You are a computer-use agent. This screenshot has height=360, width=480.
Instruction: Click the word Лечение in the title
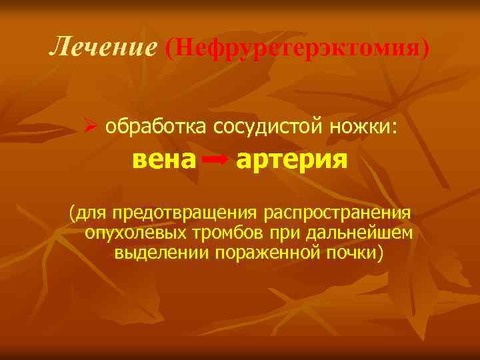pyautogui.click(x=102, y=47)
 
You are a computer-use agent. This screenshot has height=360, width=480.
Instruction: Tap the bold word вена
pyautogui.click(x=164, y=161)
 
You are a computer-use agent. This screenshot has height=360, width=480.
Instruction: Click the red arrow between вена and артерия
pyautogui.click(x=215, y=161)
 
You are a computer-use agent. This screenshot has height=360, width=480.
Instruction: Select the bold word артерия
pyautogui.click(x=291, y=161)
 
